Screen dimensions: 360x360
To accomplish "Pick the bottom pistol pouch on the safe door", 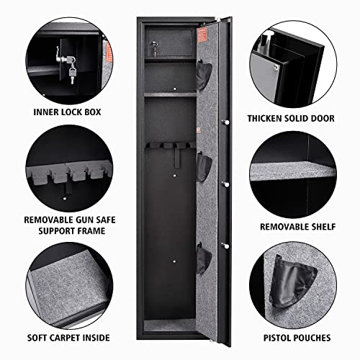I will click(205, 257).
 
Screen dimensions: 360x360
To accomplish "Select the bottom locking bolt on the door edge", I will click(224, 249).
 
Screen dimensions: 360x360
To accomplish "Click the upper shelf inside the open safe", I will click(170, 93).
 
